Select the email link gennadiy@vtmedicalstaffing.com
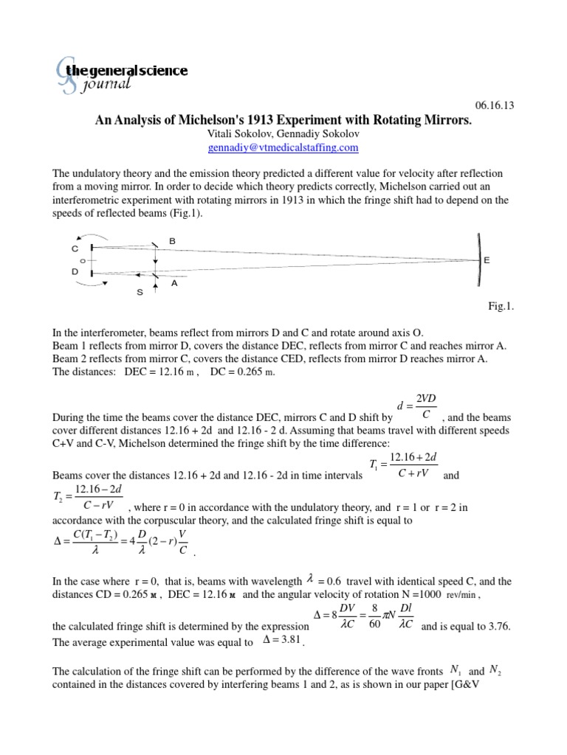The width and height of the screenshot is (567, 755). (283, 147)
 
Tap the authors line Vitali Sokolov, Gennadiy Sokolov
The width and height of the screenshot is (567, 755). (283, 134)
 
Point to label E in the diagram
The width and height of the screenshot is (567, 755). (487, 261)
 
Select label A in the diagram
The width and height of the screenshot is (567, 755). (174, 281)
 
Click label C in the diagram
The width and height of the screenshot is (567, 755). (75, 248)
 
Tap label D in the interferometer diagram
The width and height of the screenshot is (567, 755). (75, 272)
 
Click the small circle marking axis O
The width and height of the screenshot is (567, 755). (83, 260)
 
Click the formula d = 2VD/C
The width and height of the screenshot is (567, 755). (418, 406)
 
